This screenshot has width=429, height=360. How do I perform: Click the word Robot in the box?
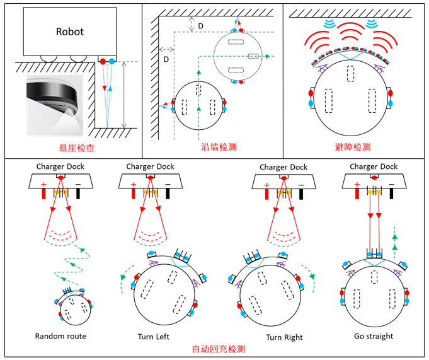pos(70,32)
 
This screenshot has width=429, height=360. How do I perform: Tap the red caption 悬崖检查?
pos(77,148)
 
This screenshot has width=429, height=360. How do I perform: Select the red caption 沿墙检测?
pos(219,147)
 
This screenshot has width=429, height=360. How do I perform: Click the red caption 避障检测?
pos(353,147)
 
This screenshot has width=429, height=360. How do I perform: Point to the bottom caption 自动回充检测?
pos(219,349)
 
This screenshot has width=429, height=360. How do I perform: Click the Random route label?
pos(60,336)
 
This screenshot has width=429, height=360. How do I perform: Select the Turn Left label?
pos(154,337)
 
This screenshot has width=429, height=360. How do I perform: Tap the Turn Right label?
pos(284,337)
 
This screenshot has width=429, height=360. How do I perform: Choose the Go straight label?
pos(374,336)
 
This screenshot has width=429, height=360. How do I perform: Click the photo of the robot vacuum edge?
pos(55,105)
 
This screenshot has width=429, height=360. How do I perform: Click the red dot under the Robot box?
pos(103,61)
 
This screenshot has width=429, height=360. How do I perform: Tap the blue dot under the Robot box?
pos(112,61)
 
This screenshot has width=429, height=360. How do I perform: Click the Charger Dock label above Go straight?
pos(374,166)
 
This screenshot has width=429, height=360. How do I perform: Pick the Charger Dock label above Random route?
pos(60,166)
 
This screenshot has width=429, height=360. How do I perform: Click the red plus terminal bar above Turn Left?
pos(134,194)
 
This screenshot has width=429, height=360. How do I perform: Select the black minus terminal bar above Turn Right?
pos(301,194)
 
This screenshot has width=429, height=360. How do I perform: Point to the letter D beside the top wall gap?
pos(200,26)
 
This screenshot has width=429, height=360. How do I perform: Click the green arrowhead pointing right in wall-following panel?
pos(268,56)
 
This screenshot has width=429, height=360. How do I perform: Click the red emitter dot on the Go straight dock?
pos(374,177)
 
